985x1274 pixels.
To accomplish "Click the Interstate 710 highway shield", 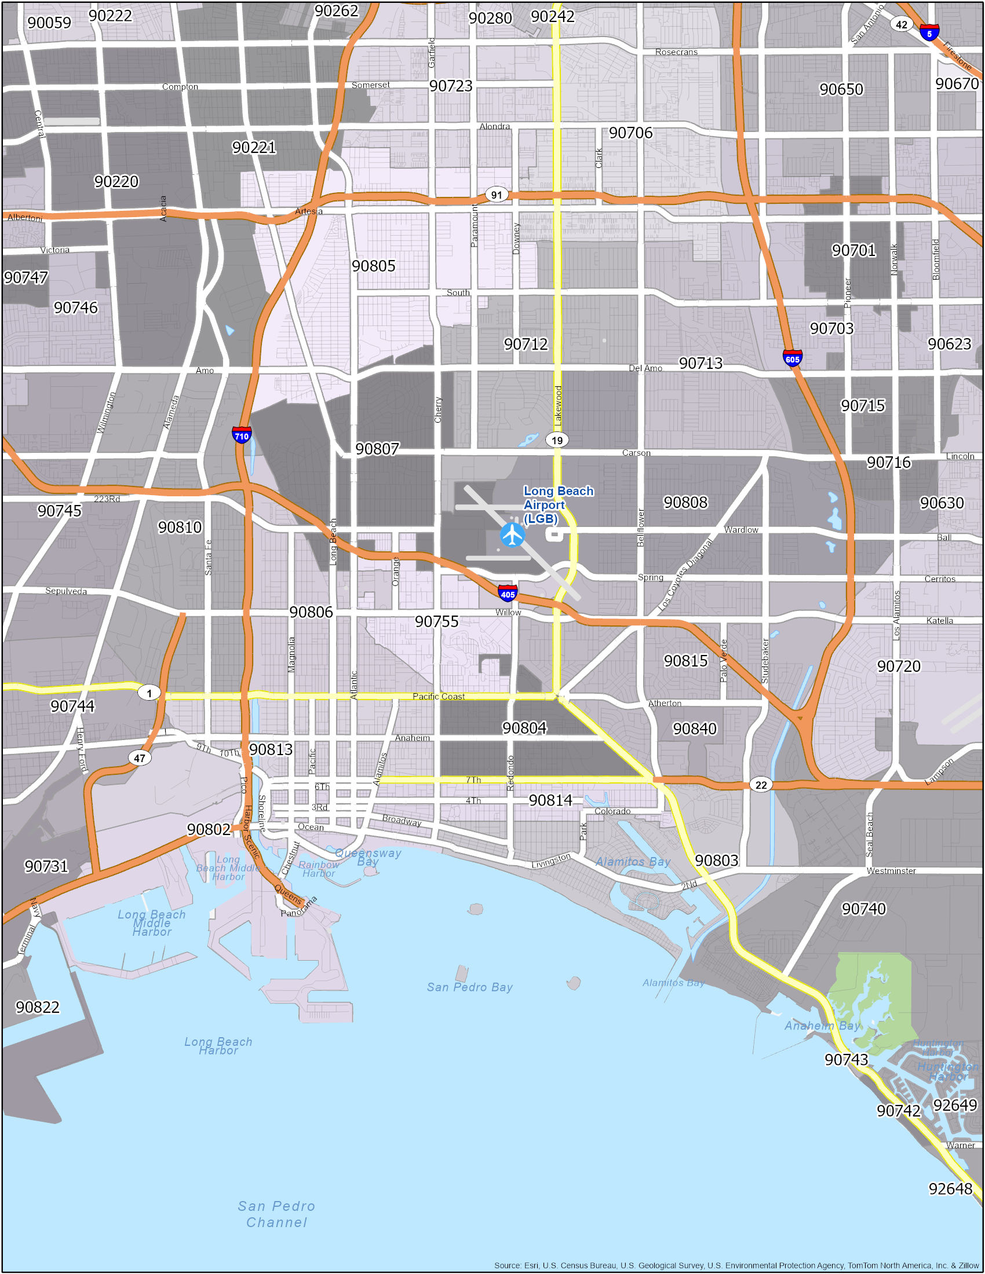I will (x=242, y=435).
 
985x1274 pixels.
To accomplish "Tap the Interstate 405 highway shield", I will (x=508, y=594).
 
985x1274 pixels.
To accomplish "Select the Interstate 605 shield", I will (x=792, y=358).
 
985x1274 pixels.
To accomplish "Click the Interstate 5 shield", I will (x=929, y=32).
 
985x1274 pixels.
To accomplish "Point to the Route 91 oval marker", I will (x=497, y=195).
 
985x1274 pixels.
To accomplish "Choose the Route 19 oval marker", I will (x=557, y=440).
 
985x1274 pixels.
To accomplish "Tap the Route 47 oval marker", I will (x=140, y=758).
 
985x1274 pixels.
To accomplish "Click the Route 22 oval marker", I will (x=761, y=785).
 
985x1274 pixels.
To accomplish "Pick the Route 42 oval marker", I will (x=902, y=24).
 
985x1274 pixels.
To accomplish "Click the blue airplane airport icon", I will (x=512, y=535).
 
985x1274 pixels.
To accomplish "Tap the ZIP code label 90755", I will (x=436, y=622).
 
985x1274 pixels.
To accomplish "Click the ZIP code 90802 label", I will (x=209, y=829).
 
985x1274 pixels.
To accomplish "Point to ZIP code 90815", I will (x=685, y=661).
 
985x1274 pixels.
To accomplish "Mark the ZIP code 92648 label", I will (x=950, y=1189).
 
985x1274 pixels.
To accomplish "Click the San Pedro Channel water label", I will (x=276, y=1214).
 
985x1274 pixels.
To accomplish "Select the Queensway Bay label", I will (x=368, y=857).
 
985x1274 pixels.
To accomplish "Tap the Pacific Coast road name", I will (x=438, y=696).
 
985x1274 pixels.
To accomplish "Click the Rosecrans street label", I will (x=676, y=52).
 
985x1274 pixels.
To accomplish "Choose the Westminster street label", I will (x=891, y=871).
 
